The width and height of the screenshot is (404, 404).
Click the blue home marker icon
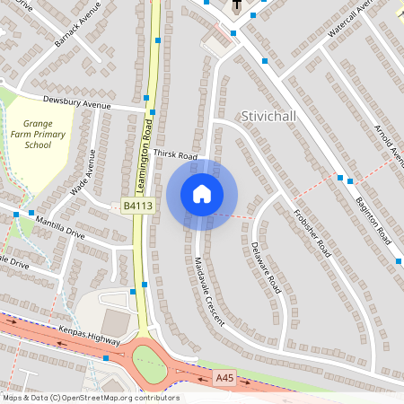click(202, 194)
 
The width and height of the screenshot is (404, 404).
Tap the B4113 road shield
click(138, 206)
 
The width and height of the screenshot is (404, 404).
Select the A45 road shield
click(224, 379)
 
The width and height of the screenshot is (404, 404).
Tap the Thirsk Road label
click(174, 156)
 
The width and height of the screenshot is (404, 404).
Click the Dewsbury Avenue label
click(76, 104)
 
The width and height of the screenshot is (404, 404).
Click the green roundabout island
click(150, 363)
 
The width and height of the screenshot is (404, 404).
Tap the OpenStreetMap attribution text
click(90, 397)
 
